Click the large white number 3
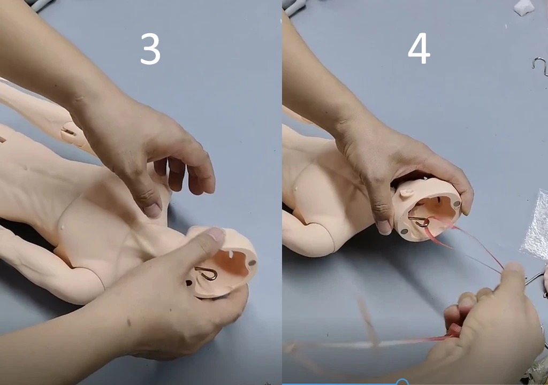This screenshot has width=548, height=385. (150, 49)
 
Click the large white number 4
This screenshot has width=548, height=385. (418, 49)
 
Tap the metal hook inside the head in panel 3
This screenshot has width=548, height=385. (207, 273)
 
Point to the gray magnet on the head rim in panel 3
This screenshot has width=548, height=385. (252, 263)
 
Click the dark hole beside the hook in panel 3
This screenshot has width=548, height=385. (189, 283)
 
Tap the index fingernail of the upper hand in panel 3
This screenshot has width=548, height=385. (153, 210)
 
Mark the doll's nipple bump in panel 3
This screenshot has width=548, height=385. (63, 227)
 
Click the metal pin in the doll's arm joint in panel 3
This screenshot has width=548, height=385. (69, 132)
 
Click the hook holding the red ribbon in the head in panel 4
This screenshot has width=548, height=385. (419, 221)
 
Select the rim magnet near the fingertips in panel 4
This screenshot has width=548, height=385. (456, 203)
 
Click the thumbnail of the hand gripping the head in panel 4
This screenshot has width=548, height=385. (384, 227)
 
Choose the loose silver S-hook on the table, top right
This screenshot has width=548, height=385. (541, 66)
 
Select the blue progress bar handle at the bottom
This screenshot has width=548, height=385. (402, 382)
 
